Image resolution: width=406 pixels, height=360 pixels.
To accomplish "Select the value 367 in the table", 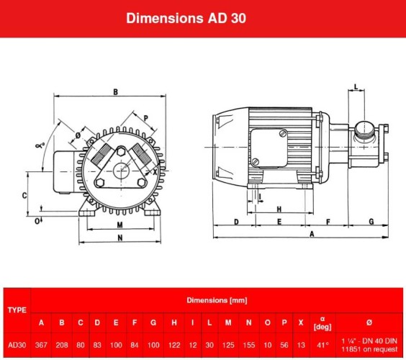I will click(x=41, y=344).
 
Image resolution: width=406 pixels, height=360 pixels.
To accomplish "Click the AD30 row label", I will click(x=16, y=344).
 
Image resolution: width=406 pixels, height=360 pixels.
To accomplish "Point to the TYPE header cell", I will click(x=16, y=310).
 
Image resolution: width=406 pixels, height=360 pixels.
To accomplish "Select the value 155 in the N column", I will click(x=248, y=344).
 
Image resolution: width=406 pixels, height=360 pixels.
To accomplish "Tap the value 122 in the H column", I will click(x=173, y=344).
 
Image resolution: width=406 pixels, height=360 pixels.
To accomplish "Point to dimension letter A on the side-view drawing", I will click(x=311, y=235).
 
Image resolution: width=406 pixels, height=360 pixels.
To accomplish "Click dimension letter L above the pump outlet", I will click(x=357, y=87).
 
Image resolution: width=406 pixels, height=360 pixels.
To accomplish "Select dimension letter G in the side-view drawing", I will click(x=371, y=222).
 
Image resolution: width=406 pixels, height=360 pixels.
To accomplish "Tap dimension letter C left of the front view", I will click(x=24, y=195).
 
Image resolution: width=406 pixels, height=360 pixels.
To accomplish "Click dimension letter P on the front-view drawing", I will click(x=146, y=118).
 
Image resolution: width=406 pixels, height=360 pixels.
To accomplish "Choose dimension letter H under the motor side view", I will click(x=277, y=209).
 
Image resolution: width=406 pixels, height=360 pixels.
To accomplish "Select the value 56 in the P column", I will click(x=284, y=344).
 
